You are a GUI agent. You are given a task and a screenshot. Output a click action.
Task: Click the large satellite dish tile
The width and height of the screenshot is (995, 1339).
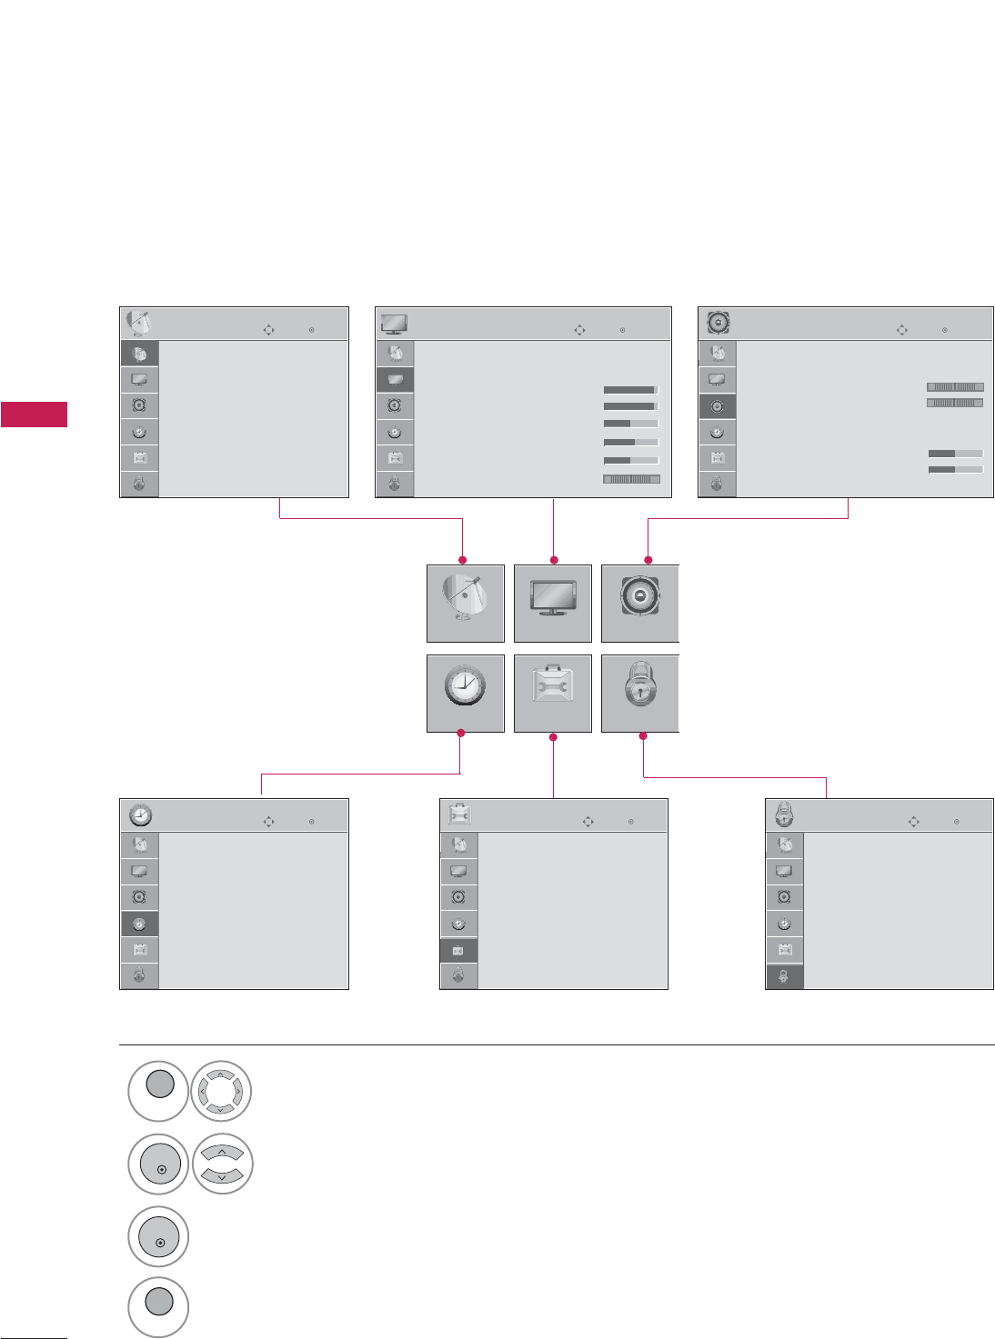coord(465,603)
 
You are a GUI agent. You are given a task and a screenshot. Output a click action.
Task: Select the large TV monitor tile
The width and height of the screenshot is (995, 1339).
coord(552,603)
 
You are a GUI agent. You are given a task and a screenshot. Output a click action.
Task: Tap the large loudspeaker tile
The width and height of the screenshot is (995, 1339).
coord(640,603)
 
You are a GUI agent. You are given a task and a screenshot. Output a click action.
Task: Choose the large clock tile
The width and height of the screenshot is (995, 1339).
coord(465,693)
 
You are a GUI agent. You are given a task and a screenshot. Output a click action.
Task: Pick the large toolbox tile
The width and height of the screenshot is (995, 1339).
coord(552,693)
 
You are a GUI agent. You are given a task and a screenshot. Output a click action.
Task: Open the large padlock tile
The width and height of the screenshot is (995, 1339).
coord(640,693)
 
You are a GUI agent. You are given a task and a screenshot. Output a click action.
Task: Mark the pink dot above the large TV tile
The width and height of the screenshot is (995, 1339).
coord(554,560)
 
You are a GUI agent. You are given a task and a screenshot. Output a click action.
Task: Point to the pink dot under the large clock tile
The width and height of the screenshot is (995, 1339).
coord(461,734)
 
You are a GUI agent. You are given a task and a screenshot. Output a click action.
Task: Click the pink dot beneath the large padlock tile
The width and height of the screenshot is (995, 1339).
coord(643,735)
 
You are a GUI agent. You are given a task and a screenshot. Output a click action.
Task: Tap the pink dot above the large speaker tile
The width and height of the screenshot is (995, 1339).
coord(648,560)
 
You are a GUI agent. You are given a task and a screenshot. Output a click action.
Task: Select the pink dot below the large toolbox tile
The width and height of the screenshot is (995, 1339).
coord(553,735)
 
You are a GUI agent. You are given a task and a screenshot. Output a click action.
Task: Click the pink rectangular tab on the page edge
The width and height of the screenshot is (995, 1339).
coord(34,414)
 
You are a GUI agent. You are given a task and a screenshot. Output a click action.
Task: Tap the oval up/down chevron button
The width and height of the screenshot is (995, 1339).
coord(222,1164)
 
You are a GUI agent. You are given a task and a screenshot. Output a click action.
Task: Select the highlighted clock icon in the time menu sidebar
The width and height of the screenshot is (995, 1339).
coord(139,924)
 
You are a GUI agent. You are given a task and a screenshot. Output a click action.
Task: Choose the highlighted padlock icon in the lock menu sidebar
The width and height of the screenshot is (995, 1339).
coord(784,975)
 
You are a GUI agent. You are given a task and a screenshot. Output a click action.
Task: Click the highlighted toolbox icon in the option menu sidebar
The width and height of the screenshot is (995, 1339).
coord(458,950)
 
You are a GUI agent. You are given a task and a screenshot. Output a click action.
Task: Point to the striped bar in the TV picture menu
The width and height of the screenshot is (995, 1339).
coord(631,479)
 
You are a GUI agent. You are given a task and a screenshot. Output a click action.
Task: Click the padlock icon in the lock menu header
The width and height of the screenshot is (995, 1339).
coord(784,814)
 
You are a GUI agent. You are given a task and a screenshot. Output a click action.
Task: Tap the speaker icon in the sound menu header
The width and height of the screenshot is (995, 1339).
coord(719,323)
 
